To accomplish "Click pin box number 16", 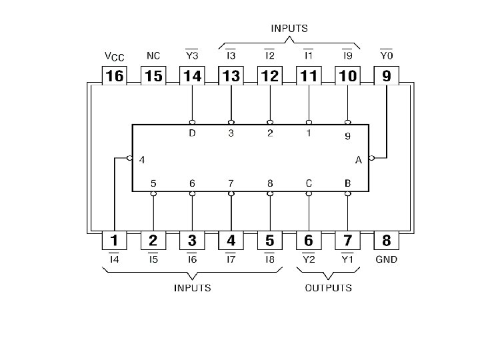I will pos(115,76).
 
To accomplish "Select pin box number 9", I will pos(387,76).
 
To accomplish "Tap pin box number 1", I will pos(115,241).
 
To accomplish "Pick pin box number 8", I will pos(387,241).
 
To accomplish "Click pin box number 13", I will pos(231,76).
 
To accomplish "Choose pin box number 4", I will pos(231,241).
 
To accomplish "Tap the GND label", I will pos(387,259).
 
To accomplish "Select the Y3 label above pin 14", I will pos(193,55).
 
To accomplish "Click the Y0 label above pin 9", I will pos(387,55).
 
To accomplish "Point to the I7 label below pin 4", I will pos(231,259).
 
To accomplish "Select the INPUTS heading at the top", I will pos(289,29).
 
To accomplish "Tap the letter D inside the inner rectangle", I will pos(193,134).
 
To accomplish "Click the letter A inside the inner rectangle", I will pos(359,159).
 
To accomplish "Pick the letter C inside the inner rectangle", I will pos(309,183).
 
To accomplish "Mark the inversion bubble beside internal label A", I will pos(371,158).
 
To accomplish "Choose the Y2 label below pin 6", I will pos(309,259).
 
